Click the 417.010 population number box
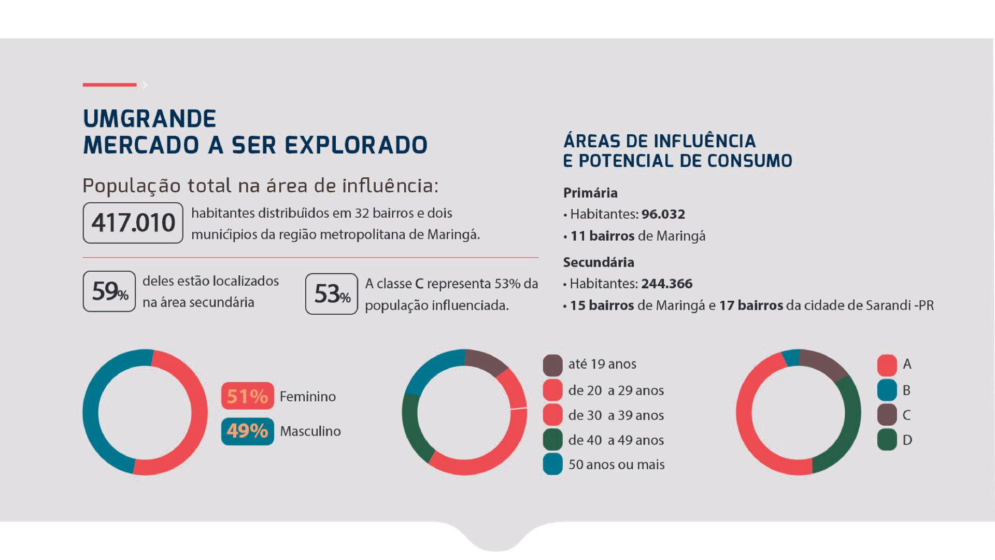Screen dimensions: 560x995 (x=133, y=223)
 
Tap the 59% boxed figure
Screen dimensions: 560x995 (x=109, y=291)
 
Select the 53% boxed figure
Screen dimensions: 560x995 (x=332, y=294)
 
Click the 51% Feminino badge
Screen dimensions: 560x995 (x=247, y=396)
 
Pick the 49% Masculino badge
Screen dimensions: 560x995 (x=247, y=431)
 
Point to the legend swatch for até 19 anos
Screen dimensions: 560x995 (x=552, y=365)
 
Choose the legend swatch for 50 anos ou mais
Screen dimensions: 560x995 (x=552, y=464)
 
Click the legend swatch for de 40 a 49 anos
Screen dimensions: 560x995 (x=552, y=440)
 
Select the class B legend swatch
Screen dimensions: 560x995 (x=887, y=390)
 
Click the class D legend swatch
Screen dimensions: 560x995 (x=887, y=440)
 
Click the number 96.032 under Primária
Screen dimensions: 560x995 (x=663, y=214)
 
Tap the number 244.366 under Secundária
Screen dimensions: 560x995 (x=666, y=284)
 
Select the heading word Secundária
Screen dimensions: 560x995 (x=599, y=262)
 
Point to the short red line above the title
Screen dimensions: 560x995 (x=109, y=85)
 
